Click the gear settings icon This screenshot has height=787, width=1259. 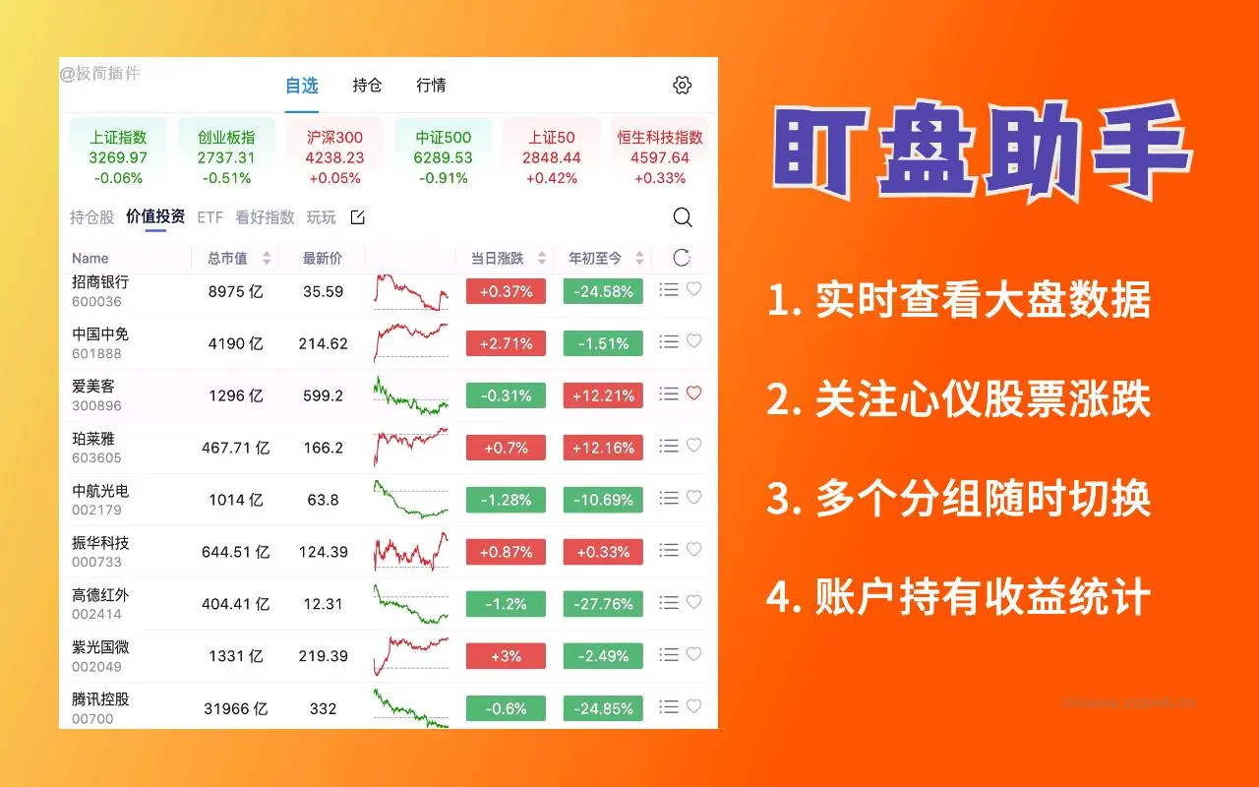click(x=682, y=86)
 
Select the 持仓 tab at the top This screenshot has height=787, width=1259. click(x=367, y=86)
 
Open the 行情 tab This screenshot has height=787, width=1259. click(x=431, y=86)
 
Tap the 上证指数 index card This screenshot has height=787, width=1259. click(x=118, y=156)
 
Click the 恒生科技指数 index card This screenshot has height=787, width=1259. click(x=660, y=156)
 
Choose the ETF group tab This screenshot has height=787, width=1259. click(x=210, y=217)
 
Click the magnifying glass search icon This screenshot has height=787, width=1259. click(x=682, y=217)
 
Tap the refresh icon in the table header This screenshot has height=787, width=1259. click(x=682, y=258)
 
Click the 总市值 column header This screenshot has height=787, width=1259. click(x=227, y=258)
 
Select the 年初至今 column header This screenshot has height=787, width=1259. click(x=595, y=258)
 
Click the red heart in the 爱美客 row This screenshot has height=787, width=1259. click(x=693, y=393)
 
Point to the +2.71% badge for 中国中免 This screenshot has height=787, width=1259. click(x=506, y=343)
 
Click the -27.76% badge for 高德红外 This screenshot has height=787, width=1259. click(x=603, y=604)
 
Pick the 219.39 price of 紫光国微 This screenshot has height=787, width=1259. click(x=323, y=656)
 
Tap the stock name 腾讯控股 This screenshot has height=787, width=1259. click(x=100, y=699)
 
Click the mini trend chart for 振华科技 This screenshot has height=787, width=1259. click(x=411, y=552)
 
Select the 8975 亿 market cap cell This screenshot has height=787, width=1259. click(x=235, y=291)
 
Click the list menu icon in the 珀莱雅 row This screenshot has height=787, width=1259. click(x=669, y=446)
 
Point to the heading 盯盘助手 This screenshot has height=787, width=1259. click(x=981, y=156)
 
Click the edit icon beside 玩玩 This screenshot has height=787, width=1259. click(x=358, y=217)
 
